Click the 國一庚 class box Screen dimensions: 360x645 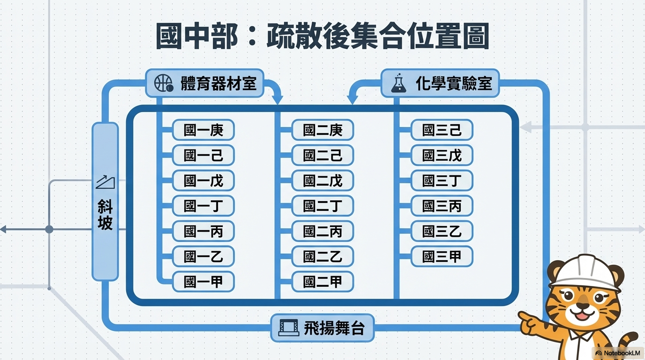click(203, 130)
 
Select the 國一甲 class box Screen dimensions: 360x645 click(203, 282)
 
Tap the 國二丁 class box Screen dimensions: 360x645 click(322, 206)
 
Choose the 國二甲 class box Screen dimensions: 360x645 click(322, 282)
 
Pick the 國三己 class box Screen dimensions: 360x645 click(442, 130)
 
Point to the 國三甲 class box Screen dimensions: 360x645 click(442, 256)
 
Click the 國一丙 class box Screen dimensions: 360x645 click(203, 231)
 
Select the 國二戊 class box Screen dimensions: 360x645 click(322, 180)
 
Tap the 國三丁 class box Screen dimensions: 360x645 click(442, 180)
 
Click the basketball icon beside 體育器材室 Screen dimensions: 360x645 click(164, 84)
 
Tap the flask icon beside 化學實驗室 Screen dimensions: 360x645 click(399, 83)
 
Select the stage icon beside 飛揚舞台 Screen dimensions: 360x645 click(288, 328)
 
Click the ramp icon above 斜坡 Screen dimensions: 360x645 click(105, 182)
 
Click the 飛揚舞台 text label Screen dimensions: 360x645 click(334, 328)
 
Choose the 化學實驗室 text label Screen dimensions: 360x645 click(453, 84)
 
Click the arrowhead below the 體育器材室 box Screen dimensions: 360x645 click(278, 99)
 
